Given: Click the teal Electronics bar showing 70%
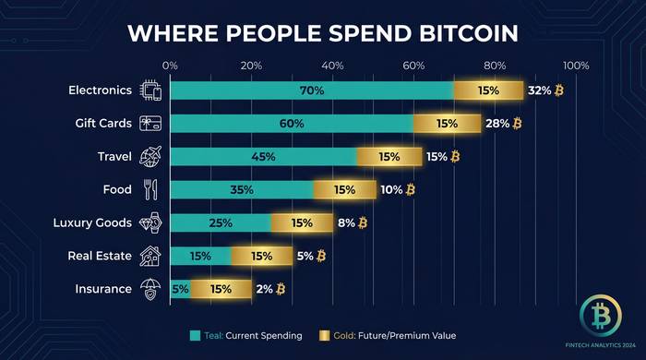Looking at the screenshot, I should pyautogui.click(x=312, y=90).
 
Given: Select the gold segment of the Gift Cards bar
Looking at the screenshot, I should pyautogui.click(x=448, y=124).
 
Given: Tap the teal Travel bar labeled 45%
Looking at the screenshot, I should pyautogui.click(x=264, y=157).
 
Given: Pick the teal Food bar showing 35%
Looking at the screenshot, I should pyautogui.click(x=242, y=190).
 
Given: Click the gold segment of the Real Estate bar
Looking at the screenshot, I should pyautogui.click(x=261, y=256).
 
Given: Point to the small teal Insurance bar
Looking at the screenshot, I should pyautogui.click(x=180, y=289).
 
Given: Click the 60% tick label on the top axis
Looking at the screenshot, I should pyautogui.click(x=413, y=66).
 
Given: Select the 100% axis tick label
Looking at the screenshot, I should pyautogui.click(x=576, y=66).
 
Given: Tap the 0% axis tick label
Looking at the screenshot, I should pyautogui.click(x=170, y=66).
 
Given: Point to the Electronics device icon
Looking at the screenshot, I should pyautogui.click(x=150, y=90).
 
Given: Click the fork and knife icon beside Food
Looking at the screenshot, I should pyautogui.click(x=150, y=190).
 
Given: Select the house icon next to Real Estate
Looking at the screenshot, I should pyautogui.click(x=150, y=256).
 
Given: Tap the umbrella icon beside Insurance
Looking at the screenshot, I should pyautogui.click(x=150, y=289).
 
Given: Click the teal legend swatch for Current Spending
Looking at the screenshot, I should pyautogui.click(x=195, y=335).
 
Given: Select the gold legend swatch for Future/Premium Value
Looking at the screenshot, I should pyautogui.click(x=324, y=335).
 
